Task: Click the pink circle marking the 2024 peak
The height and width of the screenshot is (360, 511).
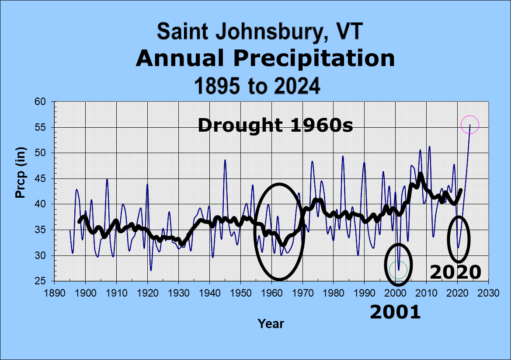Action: point(470,125)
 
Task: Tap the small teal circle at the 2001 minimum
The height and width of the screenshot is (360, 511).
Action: point(398,269)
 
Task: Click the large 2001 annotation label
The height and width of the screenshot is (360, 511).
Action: point(395,312)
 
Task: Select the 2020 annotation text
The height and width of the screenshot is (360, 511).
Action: point(455,273)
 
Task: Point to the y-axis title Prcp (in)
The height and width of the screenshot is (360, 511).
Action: point(21,173)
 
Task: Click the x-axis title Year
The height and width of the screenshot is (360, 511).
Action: point(271,324)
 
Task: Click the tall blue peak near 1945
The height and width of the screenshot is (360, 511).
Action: point(225,161)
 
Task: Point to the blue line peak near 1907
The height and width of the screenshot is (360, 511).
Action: point(107,179)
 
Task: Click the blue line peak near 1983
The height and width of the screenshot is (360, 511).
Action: point(343,157)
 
